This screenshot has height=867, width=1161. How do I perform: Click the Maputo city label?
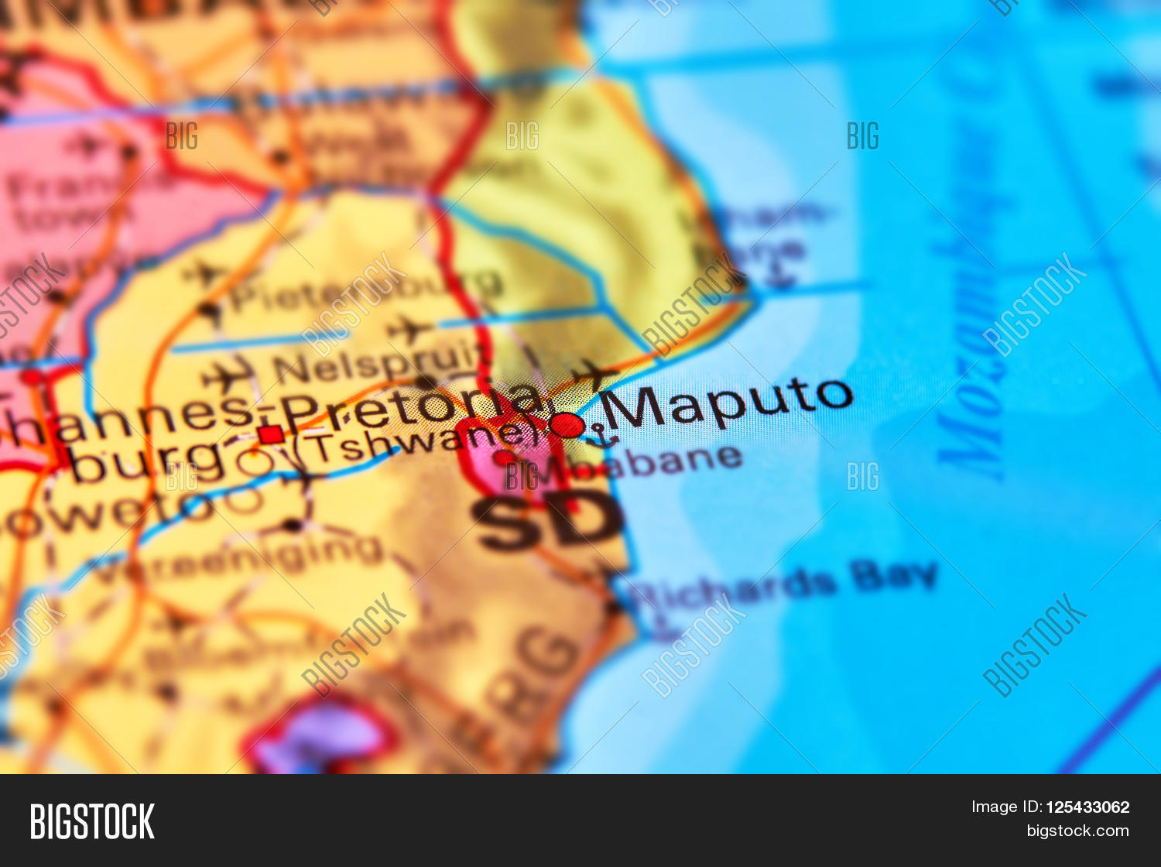click(726, 403)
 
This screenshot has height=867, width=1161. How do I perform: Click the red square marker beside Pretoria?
click(271, 434)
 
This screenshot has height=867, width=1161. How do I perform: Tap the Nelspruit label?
click(379, 363)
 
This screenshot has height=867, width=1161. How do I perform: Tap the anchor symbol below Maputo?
click(600, 436)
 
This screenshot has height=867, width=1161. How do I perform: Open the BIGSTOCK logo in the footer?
click(92, 821)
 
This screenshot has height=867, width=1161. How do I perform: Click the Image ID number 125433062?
click(1087, 807)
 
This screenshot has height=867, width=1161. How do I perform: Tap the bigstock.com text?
click(1077, 831)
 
